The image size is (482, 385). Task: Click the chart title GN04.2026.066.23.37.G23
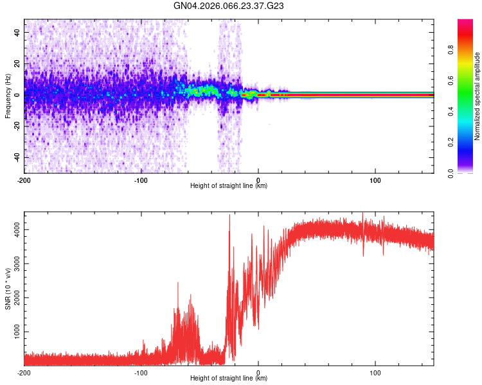coord(229,6)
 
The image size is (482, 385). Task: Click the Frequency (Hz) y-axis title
coord(8,96)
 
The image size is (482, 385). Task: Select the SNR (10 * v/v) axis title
coord(8,288)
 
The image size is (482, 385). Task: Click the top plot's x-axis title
coord(229,186)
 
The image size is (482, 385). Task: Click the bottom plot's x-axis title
coord(229,379)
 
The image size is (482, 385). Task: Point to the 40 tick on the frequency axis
coord(18,32)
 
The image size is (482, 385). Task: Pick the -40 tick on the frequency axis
coord(17,158)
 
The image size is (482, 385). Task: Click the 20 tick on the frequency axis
coord(18,64)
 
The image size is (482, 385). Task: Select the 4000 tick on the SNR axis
coord(15,230)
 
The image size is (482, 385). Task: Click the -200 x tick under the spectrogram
coord(24,180)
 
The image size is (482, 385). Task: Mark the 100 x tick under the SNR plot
coord(375,372)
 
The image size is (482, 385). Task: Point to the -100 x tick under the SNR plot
coord(141,372)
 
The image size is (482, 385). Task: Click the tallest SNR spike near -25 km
coord(229,215)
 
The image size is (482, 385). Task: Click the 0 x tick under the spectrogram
coord(258,180)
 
